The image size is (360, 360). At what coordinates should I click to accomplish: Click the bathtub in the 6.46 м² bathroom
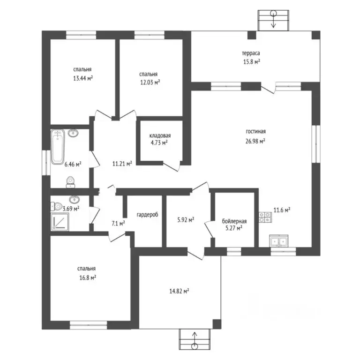click(x=57, y=147)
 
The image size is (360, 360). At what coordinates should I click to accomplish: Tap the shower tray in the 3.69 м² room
click(x=60, y=222)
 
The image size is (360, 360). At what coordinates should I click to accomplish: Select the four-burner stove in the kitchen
click(x=265, y=217)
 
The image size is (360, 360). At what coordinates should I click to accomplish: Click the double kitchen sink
click(x=279, y=241)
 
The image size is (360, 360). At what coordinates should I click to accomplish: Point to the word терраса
click(x=251, y=53)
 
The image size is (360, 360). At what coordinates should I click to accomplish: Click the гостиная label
click(x=256, y=132)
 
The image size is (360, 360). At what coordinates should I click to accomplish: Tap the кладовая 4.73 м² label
click(x=160, y=139)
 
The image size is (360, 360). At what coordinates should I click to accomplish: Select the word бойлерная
click(x=234, y=221)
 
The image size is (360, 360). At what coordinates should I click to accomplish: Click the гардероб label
click(x=147, y=215)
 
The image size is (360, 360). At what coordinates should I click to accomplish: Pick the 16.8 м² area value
click(x=88, y=278)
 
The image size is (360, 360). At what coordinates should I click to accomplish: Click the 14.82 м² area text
click(x=179, y=292)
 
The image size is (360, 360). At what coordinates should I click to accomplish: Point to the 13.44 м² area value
click(x=83, y=78)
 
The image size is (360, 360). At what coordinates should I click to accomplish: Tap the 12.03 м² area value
click(x=150, y=82)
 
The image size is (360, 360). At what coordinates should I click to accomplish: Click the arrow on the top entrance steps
click(x=273, y=19)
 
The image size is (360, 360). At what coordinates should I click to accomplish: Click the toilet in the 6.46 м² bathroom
click(x=70, y=182)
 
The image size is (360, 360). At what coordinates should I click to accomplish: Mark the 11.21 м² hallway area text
click(x=122, y=164)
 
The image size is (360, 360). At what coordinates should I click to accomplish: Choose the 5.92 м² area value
click(x=186, y=220)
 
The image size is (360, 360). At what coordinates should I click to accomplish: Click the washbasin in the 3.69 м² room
click(x=74, y=199)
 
